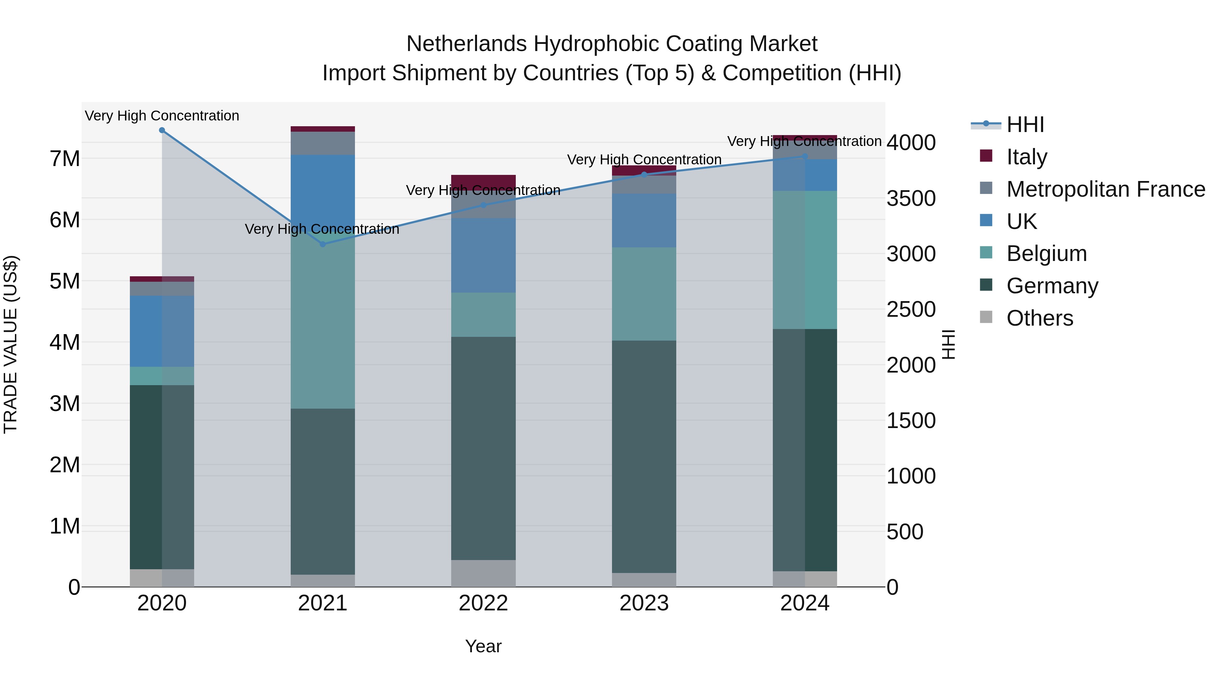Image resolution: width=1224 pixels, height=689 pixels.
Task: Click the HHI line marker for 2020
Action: pyautogui.click(x=162, y=130)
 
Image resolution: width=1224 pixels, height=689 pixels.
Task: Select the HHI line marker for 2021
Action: pyautogui.click(x=323, y=244)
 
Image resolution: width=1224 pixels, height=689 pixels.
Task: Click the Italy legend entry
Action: pyautogui.click(x=1026, y=157)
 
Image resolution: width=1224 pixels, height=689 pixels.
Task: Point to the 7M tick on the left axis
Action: pyautogui.click(x=65, y=158)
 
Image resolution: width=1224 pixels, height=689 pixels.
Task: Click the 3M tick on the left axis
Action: pyautogui.click(x=65, y=404)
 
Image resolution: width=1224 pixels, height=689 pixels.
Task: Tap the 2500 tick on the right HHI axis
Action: pyautogui.click(x=911, y=310)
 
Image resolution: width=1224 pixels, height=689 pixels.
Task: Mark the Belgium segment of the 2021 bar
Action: pyautogui.click(x=323, y=323)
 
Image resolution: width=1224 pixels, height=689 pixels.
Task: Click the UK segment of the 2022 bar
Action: pyautogui.click(x=483, y=255)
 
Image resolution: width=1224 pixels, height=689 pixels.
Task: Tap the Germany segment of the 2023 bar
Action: pyautogui.click(x=644, y=457)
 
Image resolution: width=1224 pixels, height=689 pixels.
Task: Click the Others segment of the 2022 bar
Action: pyautogui.click(x=483, y=573)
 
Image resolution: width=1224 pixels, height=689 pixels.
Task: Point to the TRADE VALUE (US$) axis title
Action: pyautogui.click(x=11, y=344)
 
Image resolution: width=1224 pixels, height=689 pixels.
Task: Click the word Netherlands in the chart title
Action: pyautogui.click(x=466, y=44)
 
